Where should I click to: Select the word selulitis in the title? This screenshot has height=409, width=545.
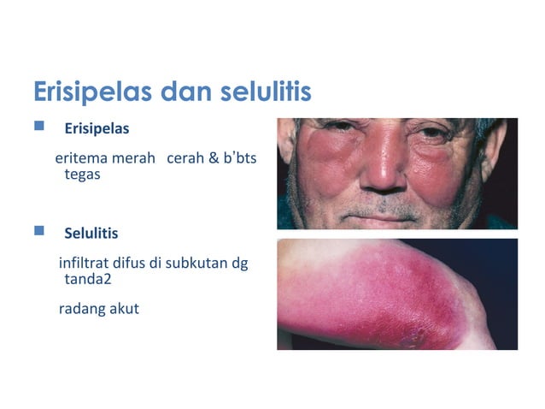pyautogui.click(x=255, y=92)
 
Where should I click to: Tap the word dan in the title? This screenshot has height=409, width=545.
pyautogui.click(x=171, y=92)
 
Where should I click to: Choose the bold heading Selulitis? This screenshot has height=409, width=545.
pyautogui.click(x=91, y=233)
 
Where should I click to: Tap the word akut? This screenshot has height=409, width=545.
pyautogui.click(x=124, y=308)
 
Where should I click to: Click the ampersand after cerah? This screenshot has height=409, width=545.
pyautogui.click(x=214, y=159)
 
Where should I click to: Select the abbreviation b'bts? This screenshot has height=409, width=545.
pyautogui.click(x=241, y=159)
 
